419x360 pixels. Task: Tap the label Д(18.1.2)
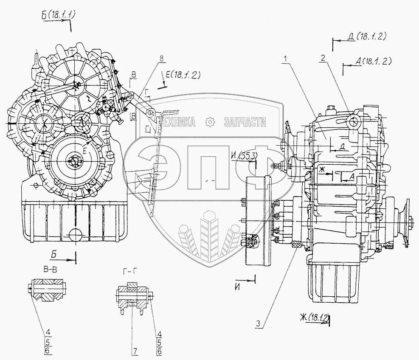(x=366, y=37)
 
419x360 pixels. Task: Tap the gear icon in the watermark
(x=209, y=123)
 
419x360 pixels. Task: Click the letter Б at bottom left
(x=54, y=254)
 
